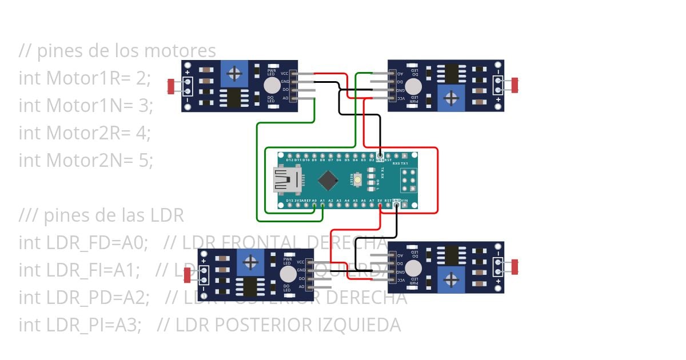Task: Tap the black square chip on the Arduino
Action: tap(328, 180)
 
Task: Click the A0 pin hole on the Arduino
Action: tap(314, 205)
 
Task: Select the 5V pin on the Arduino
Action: tap(380, 205)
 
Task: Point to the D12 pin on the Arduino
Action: tap(290, 155)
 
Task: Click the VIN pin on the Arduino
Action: tap(404, 205)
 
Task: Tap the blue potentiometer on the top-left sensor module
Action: tap(233, 74)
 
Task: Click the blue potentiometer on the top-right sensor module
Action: tap(452, 98)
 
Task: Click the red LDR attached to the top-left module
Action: tap(170, 86)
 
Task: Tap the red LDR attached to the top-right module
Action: tap(515, 85)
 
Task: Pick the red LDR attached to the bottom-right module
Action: tap(515, 267)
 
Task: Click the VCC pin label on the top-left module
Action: tap(285, 74)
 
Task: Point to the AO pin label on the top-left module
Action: tap(285, 98)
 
